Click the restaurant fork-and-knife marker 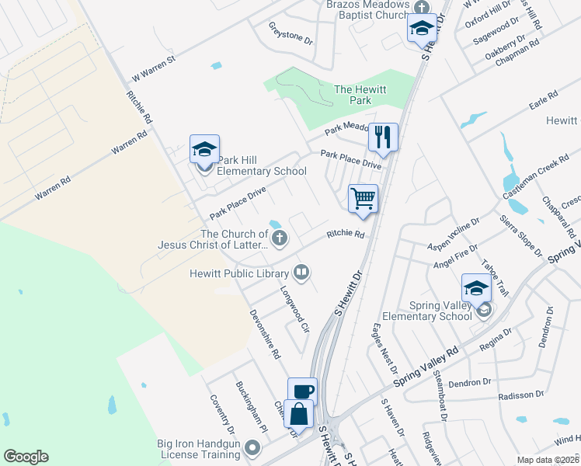pyautogui.click(x=382, y=137)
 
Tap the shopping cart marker pyautogui.click(x=363, y=198)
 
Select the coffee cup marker pyautogui.click(x=302, y=391)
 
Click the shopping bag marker pyautogui.click(x=298, y=413)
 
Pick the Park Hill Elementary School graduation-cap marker pyautogui.click(x=205, y=148)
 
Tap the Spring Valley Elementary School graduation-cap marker pyautogui.click(x=476, y=288)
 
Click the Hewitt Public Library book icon pyautogui.click(x=301, y=272)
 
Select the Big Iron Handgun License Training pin pyautogui.click(x=252, y=447)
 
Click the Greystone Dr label pyautogui.click(x=290, y=34)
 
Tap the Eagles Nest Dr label pyautogui.click(x=385, y=349)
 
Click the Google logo pyautogui.click(x=26, y=457)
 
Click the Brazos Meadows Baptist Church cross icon pyautogui.click(x=423, y=8)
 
